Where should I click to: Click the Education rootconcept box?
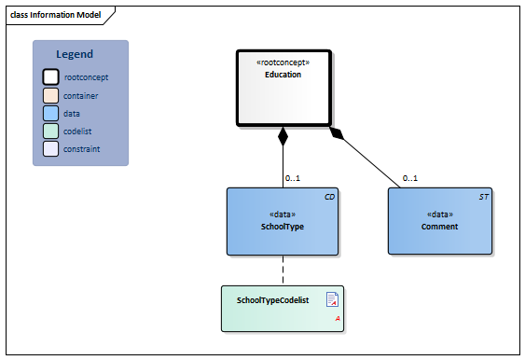pos(283,88)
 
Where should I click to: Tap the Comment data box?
pos(439,221)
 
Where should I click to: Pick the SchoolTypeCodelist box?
pos(283,308)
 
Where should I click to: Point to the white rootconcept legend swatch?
pos(50,77)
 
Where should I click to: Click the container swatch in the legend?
pos(50,95)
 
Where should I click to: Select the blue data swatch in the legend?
pos(50,113)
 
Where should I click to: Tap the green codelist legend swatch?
pos(50,131)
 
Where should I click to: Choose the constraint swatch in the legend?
pos(50,148)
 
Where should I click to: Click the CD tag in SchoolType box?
pos(329,198)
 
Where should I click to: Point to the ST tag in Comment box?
pos(483,198)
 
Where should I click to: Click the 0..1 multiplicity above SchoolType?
pos(292,178)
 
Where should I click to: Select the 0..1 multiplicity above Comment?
pos(410,178)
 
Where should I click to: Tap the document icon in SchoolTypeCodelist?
pos(332,299)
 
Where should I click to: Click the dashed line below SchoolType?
pos(283,270)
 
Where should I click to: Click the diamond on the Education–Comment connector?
pos(338,133)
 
